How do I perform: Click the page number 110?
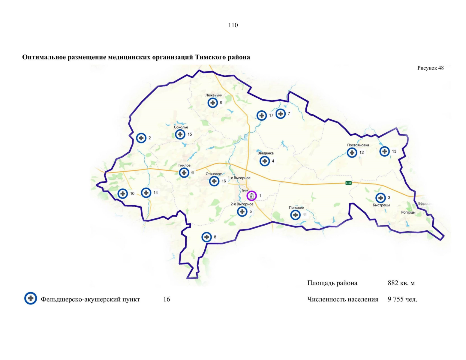pyautogui.click(x=233, y=25)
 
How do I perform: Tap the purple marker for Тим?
pyautogui.click(x=252, y=196)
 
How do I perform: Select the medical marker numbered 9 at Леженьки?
pyautogui.click(x=213, y=103)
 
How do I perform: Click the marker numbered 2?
pyautogui.click(x=141, y=138)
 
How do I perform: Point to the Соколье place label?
pyautogui.click(x=181, y=127)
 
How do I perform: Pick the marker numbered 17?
pyautogui.click(x=262, y=115)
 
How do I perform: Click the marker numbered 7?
pyautogui.click(x=281, y=114)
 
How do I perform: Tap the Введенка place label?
pyautogui.click(x=266, y=153)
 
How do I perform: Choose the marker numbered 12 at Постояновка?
pyautogui.click(x=352, y=152)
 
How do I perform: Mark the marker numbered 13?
pyautogui.click(x=385, y=151)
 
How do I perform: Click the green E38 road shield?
pyautogui.click(x=348, y=183)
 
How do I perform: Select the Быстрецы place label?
pyautogui.click(x=381, y=205)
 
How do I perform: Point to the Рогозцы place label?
pyautogui.click(x=408, y=212)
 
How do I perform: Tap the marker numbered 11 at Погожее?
pyautogui.click(x=296, y=215)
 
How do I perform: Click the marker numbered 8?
pyautogui.click(x=206, y=237)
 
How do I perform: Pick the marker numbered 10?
pyautogui.click(x=123, y=193)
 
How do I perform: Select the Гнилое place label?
pyautogui.click(x=184, y=165)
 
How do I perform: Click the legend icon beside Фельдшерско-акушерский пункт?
pyautogui.click(x=31, y=298)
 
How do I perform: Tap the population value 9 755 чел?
pyautogui.click(x=402, y=299)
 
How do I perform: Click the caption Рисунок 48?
pyautogui.click(x=430, y=68)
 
